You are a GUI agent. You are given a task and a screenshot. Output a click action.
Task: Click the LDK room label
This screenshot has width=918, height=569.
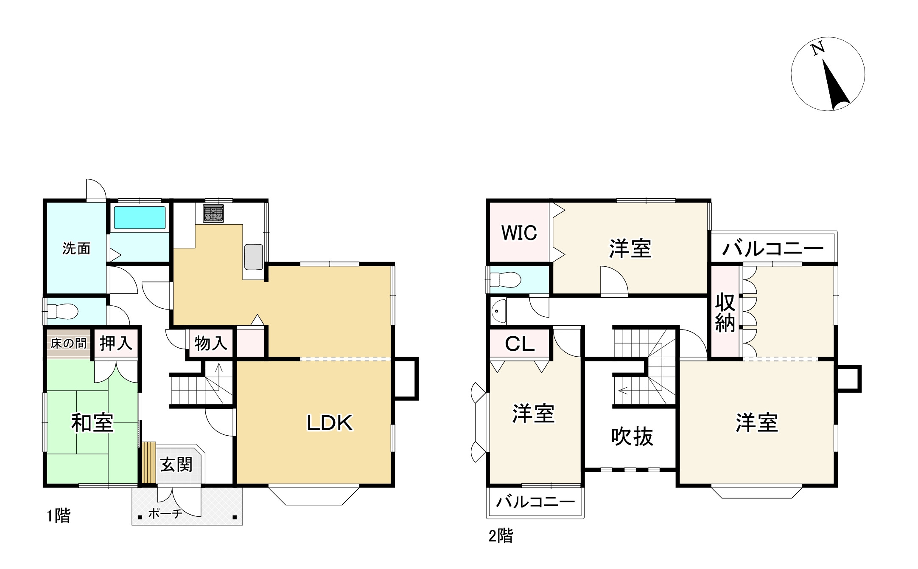pos(330,423)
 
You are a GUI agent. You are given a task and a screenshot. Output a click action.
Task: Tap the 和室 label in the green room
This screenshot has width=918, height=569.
pos(92,423)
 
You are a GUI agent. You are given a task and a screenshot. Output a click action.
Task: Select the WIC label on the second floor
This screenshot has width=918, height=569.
pos(519,233)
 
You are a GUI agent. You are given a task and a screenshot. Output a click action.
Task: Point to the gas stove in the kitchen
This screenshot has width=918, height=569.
pos(213,214)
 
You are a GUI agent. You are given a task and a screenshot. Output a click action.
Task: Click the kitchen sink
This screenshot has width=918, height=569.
pos(254,257)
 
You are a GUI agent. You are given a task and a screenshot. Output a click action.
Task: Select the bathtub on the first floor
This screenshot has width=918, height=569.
pos(140,217)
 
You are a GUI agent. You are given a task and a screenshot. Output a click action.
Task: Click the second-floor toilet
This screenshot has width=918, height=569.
pos(506,279)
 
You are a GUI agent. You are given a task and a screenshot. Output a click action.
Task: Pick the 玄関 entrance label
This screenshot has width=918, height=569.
pos(176,465)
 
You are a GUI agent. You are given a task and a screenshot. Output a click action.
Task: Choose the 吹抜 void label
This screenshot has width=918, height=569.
pos(632,437)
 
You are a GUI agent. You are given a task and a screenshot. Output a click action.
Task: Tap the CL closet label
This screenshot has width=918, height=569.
pos(520,344)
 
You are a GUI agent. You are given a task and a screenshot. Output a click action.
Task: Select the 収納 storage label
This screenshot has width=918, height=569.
pos(725,313)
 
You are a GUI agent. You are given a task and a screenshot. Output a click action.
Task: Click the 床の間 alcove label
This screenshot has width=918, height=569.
pos(68,343)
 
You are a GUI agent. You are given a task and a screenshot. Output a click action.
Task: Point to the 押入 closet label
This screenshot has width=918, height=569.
pos(116,343)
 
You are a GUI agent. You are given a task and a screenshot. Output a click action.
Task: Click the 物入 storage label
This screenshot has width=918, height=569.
pos(211,343)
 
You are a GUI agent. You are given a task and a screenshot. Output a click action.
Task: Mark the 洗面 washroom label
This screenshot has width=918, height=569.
pos(76,248)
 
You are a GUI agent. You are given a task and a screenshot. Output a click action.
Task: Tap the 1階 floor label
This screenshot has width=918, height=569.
pos(59,516)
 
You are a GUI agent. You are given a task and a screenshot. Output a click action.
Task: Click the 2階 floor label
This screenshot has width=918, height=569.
pos(501,536)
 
